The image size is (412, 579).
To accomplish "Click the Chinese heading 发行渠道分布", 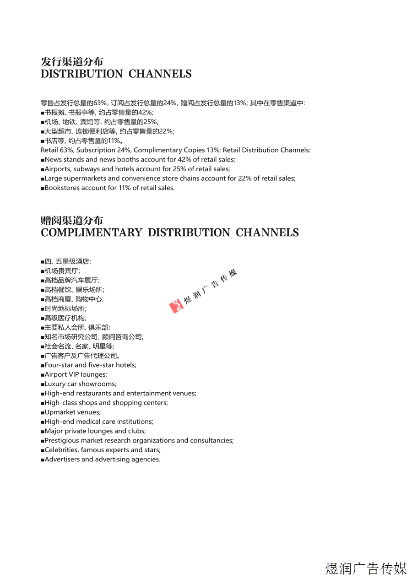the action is [x=72, y=62].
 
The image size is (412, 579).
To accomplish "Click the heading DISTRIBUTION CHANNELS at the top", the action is [x=116, y=74].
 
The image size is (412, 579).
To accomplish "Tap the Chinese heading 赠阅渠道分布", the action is [x=72, y=221].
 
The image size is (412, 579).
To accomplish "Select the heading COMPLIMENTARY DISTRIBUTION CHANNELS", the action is [x=169, y=233].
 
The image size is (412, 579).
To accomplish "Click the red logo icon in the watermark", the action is [x=176, y=306].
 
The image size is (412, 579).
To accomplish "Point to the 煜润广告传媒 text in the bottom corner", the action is [x=366, y=568].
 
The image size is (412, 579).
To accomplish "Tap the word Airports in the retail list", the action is [x=58, y=169].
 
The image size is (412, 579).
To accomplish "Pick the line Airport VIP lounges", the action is [x=76, y=374].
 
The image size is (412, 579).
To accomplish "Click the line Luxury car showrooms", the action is [x=80, y=384].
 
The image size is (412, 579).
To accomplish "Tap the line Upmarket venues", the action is [x=72, y=412].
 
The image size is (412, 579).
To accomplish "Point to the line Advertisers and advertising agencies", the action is [x=102, y=460].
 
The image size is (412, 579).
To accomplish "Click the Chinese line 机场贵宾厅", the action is [x=62, y=271].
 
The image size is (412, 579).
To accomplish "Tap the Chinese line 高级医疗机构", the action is [x=65, y=318].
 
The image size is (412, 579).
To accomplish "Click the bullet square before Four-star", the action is [x=42, y=365].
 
